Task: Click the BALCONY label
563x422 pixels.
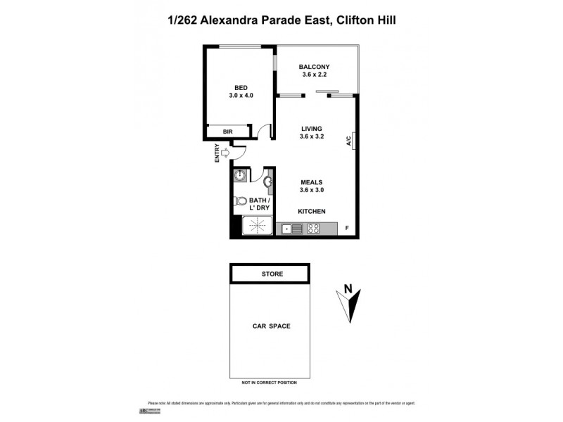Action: point(314,68)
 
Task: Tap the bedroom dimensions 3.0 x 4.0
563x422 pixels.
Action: point(241,95)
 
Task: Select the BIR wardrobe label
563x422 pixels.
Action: point(228,132)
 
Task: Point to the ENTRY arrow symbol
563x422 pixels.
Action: point(225,153)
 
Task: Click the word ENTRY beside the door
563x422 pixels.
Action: point(217,153)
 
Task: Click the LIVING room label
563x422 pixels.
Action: point(312,129)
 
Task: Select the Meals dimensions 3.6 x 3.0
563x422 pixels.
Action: point(312,189)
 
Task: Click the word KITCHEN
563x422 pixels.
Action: point(312,211)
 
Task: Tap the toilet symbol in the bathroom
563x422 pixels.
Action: point(241,200)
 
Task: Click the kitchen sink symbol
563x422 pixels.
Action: point(291,228)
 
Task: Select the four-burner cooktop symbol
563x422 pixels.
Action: point(313,228)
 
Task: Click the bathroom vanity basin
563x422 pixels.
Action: point(268,183)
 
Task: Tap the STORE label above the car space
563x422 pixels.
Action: point(270,273)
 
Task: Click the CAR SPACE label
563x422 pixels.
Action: point(272,326)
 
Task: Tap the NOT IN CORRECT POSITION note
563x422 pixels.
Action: point(270,383)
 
